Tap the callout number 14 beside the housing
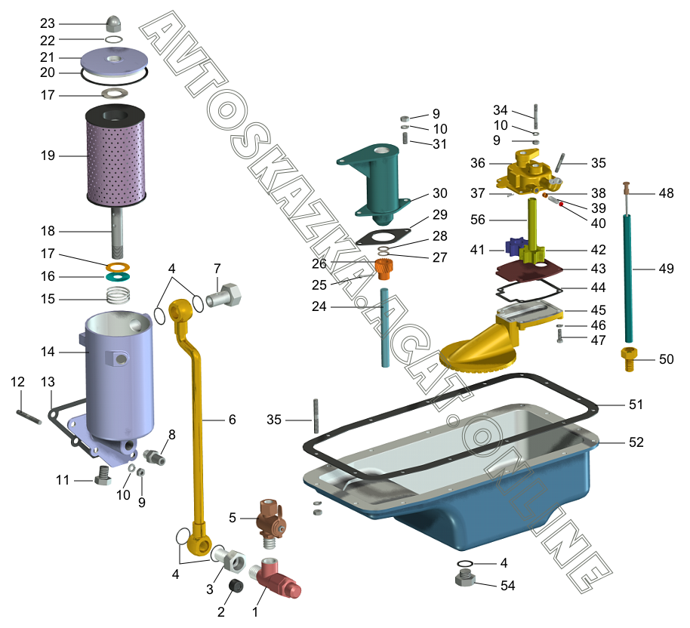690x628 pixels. [x=48, y=351]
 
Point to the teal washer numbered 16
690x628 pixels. [x=116, y=277]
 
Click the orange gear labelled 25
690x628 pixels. [x=386, y=268]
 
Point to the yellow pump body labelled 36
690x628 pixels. [x=526, y=172]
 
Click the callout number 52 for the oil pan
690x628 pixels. [x=636, y=442]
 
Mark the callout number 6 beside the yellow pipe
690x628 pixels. [x=232, y=420]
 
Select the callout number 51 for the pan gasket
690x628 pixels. [x=636, y=405]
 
